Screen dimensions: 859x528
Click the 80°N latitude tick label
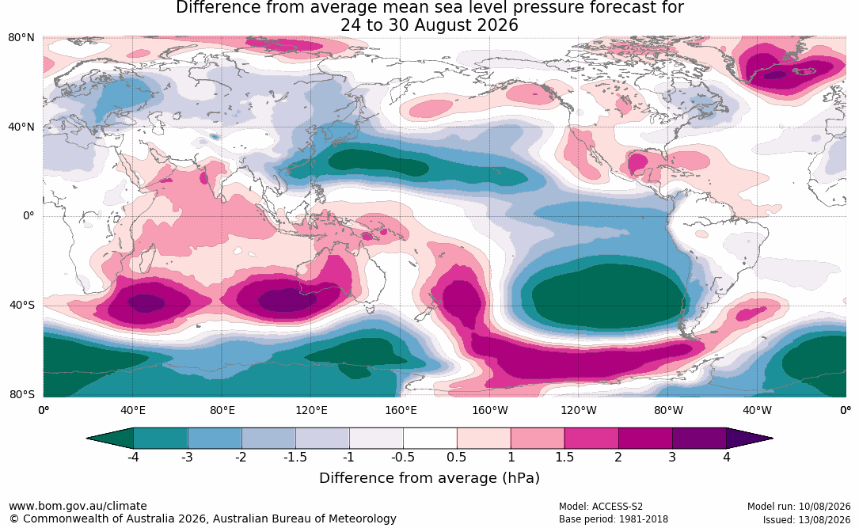[21, 37]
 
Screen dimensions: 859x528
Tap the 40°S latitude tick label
[22, 305]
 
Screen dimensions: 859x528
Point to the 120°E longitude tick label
[312, 410]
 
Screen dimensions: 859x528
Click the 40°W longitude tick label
[758, 410]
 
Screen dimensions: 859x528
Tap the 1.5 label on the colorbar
[564, 457]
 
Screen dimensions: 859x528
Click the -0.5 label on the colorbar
[403, 457]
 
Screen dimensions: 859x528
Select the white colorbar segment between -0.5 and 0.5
[430, 439]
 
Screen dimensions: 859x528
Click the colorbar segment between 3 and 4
[699, 439]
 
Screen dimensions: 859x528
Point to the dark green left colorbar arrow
[110, 439]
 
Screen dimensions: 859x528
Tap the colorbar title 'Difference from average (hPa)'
[429, 477]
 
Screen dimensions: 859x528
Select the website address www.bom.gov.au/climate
[78, 506]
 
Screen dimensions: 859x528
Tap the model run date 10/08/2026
[824, 507]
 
